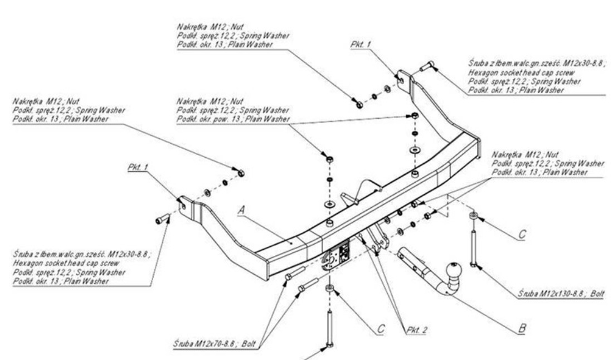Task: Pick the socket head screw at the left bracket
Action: click(162, 221)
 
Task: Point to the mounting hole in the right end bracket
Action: click(401, 80)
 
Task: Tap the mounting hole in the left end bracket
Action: click(182, 203)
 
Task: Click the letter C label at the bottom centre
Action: click(381, 329)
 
